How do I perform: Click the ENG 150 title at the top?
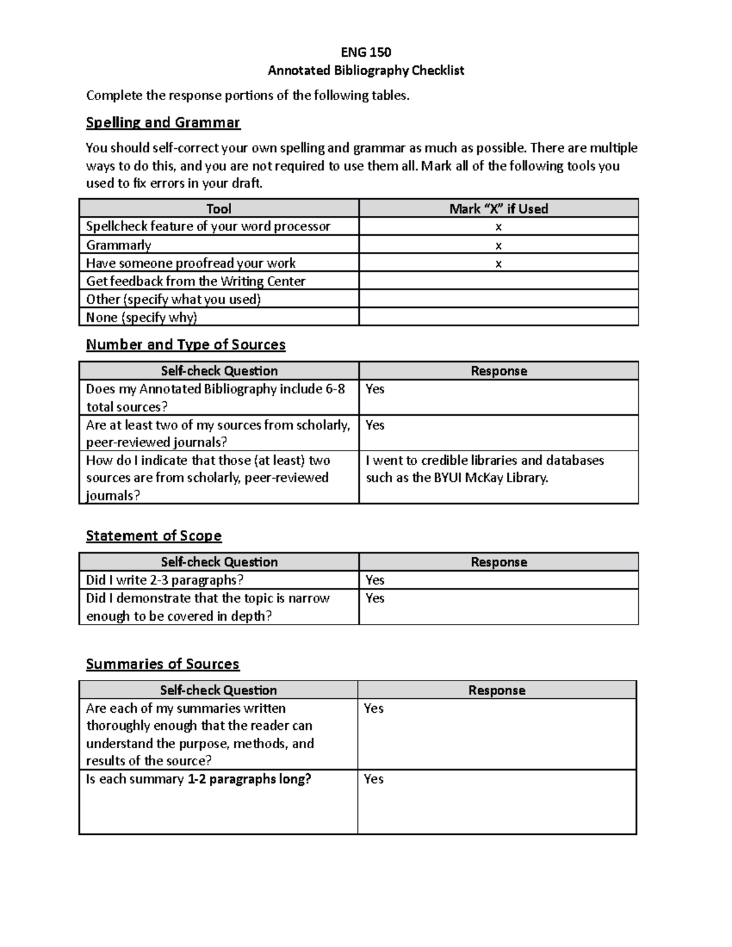[366, 52]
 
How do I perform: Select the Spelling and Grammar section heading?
[163, 123]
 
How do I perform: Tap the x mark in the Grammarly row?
[498, 245]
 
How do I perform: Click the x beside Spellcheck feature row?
[498, 227]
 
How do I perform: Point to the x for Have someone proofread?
[498, 263]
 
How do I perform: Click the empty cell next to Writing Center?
[498, 281]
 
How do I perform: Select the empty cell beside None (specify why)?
[498, 317]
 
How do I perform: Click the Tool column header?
[218, 209]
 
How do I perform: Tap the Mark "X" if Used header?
[498, 209]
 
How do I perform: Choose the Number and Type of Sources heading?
[185, 345]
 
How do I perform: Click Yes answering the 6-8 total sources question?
[375, 389]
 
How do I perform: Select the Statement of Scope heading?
[154, 535]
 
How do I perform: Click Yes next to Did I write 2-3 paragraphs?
[375, 580]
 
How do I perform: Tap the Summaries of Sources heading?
[162, 663]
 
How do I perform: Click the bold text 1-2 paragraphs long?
[249, 779]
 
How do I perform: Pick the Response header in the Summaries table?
[497, 690]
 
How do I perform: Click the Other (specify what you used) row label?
[173, 299]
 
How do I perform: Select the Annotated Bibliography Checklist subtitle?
[366, 70]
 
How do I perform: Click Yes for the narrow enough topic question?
[375, 598]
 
